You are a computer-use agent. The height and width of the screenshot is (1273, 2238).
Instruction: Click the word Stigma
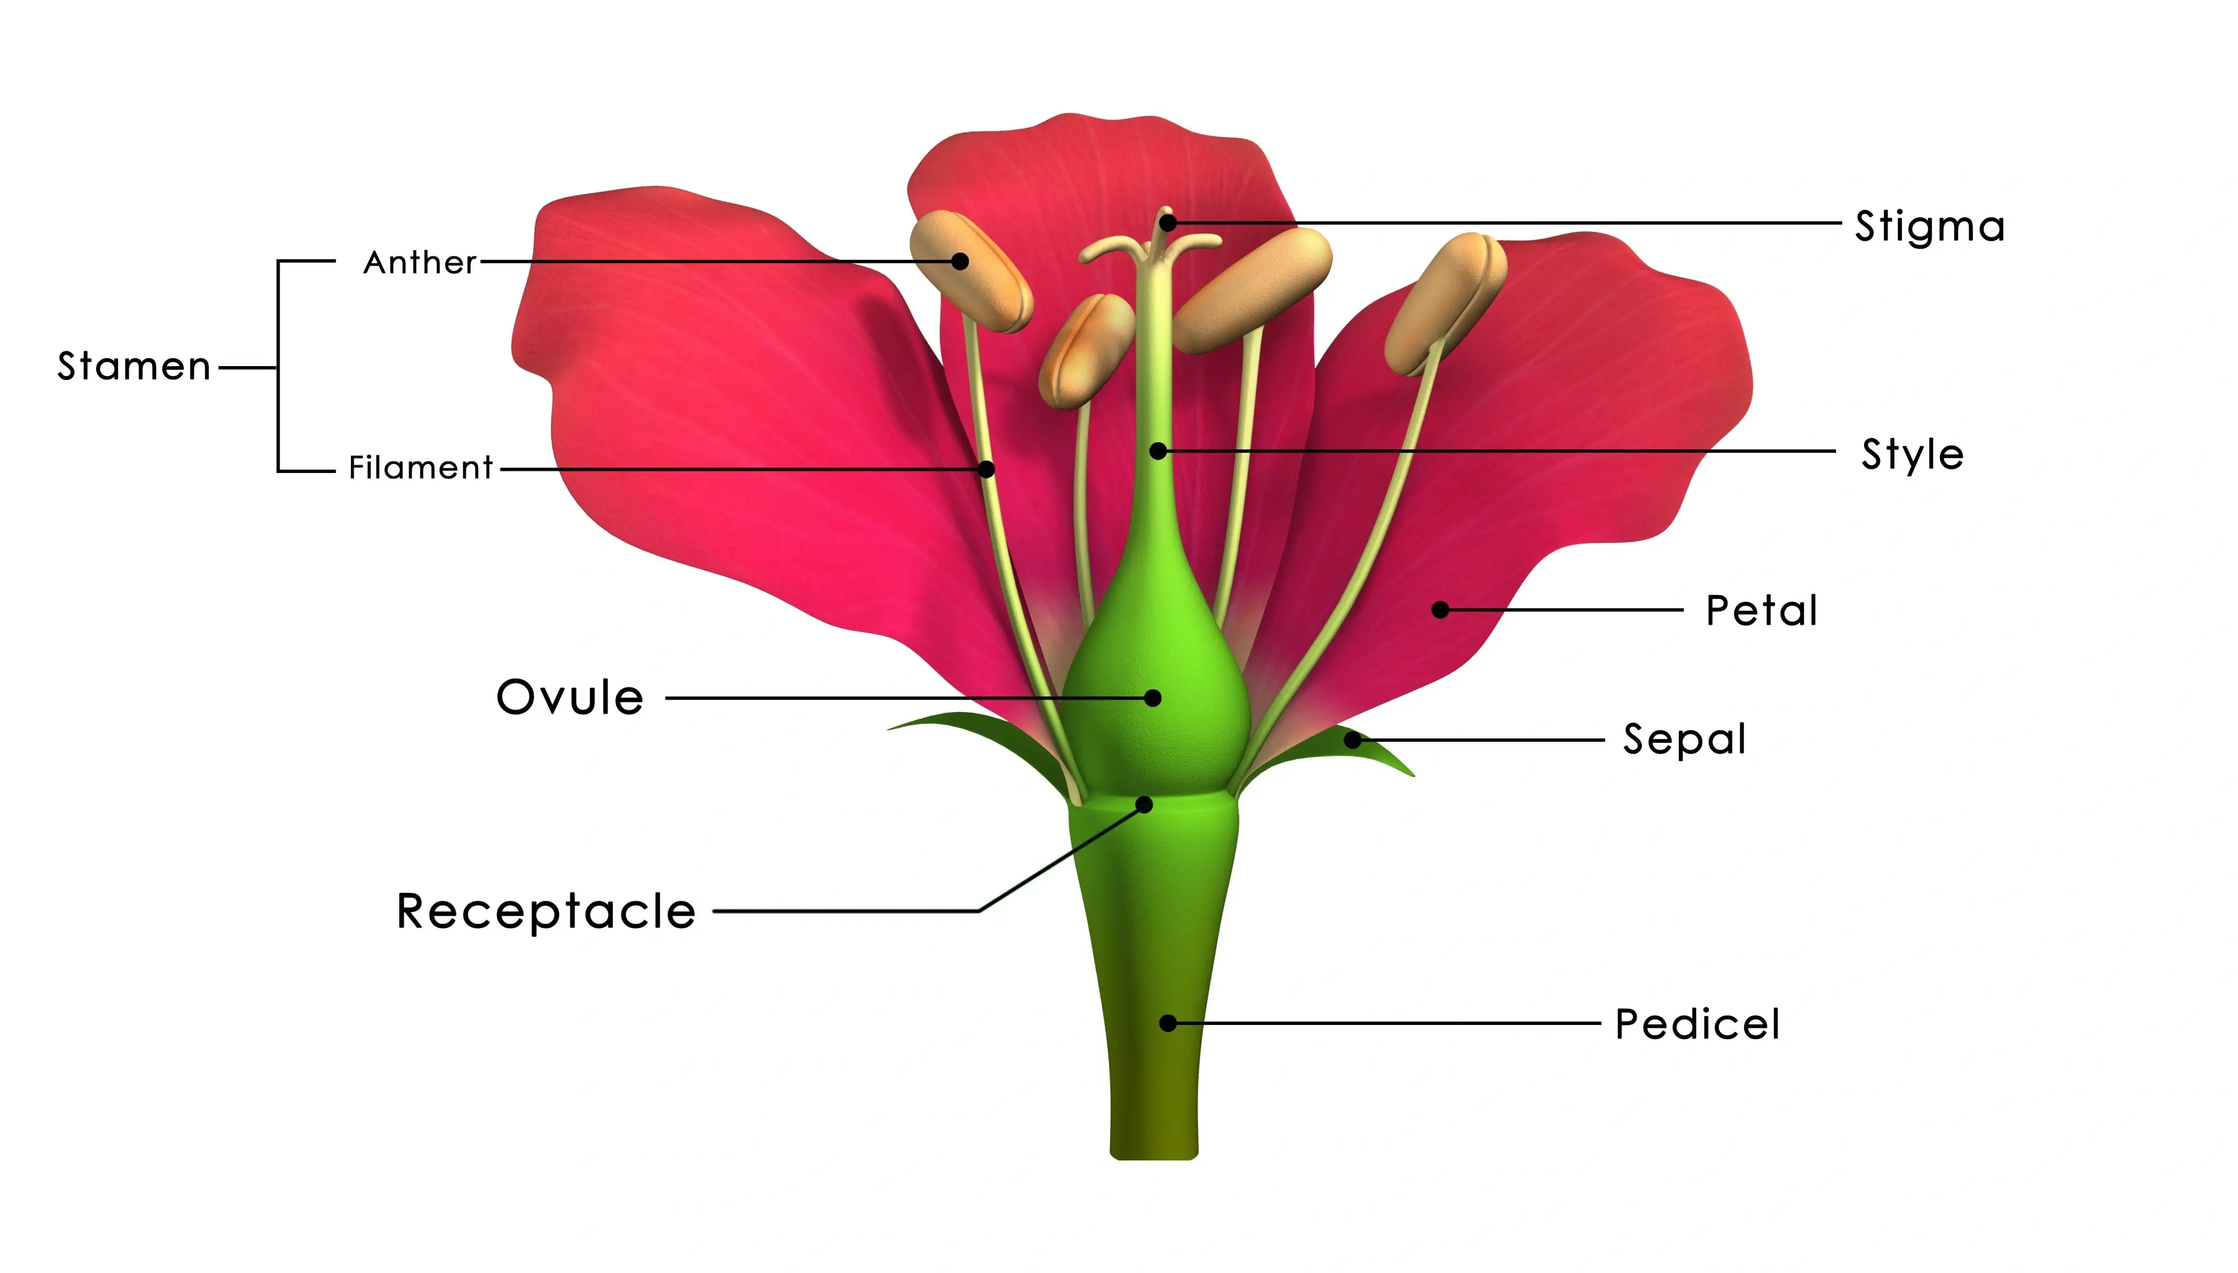[x=1930, y=227]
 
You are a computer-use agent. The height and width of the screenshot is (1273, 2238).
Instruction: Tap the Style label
[x=1913, y=455]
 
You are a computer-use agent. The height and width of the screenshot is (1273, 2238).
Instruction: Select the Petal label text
[x=1762, y=610]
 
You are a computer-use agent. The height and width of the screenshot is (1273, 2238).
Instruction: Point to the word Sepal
[x=1684, y=740]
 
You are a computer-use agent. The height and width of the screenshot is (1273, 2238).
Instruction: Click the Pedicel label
[x=1697, y=1024]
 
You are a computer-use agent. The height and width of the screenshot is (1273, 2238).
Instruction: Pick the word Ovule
[x=570, y=698]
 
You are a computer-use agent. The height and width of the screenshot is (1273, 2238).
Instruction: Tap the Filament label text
[x=420, y=468]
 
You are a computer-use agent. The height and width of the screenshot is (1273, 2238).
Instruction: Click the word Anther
[x=420, y=263]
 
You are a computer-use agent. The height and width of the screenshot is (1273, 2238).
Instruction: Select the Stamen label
[x=134, y=366]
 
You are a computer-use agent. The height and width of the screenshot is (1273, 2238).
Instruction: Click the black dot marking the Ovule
[x=1153, y=698]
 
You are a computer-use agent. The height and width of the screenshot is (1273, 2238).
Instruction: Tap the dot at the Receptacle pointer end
[x=1144, y=804]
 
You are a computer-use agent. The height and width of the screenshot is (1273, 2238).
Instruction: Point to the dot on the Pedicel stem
[x=1168, y=1023]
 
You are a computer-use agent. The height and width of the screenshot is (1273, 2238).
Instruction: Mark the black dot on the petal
[x=1441, y=610]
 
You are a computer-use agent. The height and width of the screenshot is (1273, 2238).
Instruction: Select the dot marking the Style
[x=1158, y=451]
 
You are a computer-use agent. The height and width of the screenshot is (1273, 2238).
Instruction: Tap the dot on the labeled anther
[x=960, y=260]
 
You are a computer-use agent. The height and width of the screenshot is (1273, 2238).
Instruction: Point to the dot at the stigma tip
[x=1167, y=223]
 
